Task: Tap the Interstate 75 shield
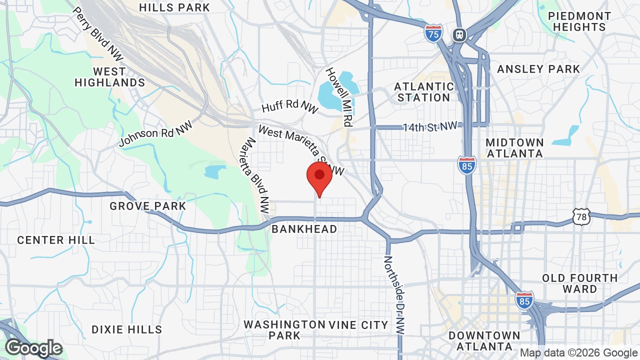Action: [433, 33]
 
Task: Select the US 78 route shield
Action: [582, 216]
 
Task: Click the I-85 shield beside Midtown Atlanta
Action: [466, 165]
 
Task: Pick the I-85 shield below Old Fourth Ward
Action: [524, 300]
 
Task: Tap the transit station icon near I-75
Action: [459, 34]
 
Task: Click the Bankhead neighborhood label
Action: [304, 229]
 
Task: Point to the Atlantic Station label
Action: [424, 92]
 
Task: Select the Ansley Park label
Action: [538, 69]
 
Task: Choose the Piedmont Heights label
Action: [579, 21]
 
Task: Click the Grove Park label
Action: [148, 206]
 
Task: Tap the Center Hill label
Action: [56, 240]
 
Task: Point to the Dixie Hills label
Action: [127, 329]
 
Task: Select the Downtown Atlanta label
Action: [484, 340]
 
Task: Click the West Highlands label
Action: [109, 77]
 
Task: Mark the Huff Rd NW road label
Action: [290, 106]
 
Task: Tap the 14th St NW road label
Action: [430, 127]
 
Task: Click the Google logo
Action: [33, 348]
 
